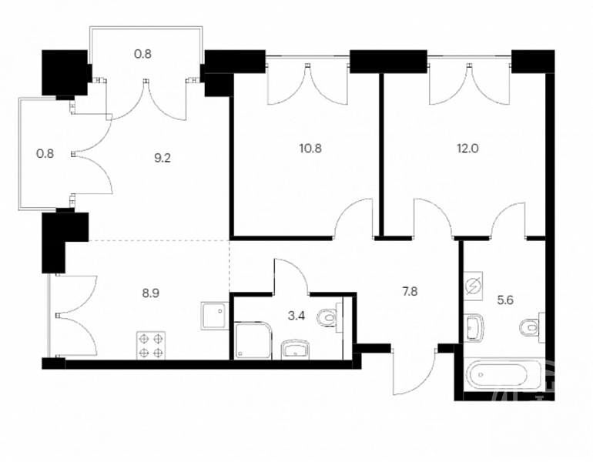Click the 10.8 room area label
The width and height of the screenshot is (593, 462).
tap(310, 148)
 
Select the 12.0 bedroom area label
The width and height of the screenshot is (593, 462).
tap(467, 148)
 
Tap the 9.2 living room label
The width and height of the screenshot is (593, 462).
tap(162, 157)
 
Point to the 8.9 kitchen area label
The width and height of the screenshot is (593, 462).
tap(150, 293)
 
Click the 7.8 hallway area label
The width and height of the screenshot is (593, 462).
tap(410, 292)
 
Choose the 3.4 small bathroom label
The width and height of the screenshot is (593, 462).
tap(296, 315)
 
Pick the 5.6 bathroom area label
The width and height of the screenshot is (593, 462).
tap(505, 300)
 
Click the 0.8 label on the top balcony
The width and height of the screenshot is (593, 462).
tap(143, 54)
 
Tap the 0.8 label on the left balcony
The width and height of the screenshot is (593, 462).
tap(45, 154)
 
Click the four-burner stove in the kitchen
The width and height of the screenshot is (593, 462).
tap(151, 345)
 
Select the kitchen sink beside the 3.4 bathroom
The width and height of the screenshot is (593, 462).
tap(215, 316)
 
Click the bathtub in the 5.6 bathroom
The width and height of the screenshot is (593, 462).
tap(498, 374)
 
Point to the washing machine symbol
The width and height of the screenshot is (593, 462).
tap(474, 286)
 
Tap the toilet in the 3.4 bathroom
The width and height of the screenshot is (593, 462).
tap(328, 316)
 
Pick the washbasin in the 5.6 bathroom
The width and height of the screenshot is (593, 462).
tap(474, 327)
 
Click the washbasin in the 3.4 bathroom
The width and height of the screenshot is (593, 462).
tap(296, 349)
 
